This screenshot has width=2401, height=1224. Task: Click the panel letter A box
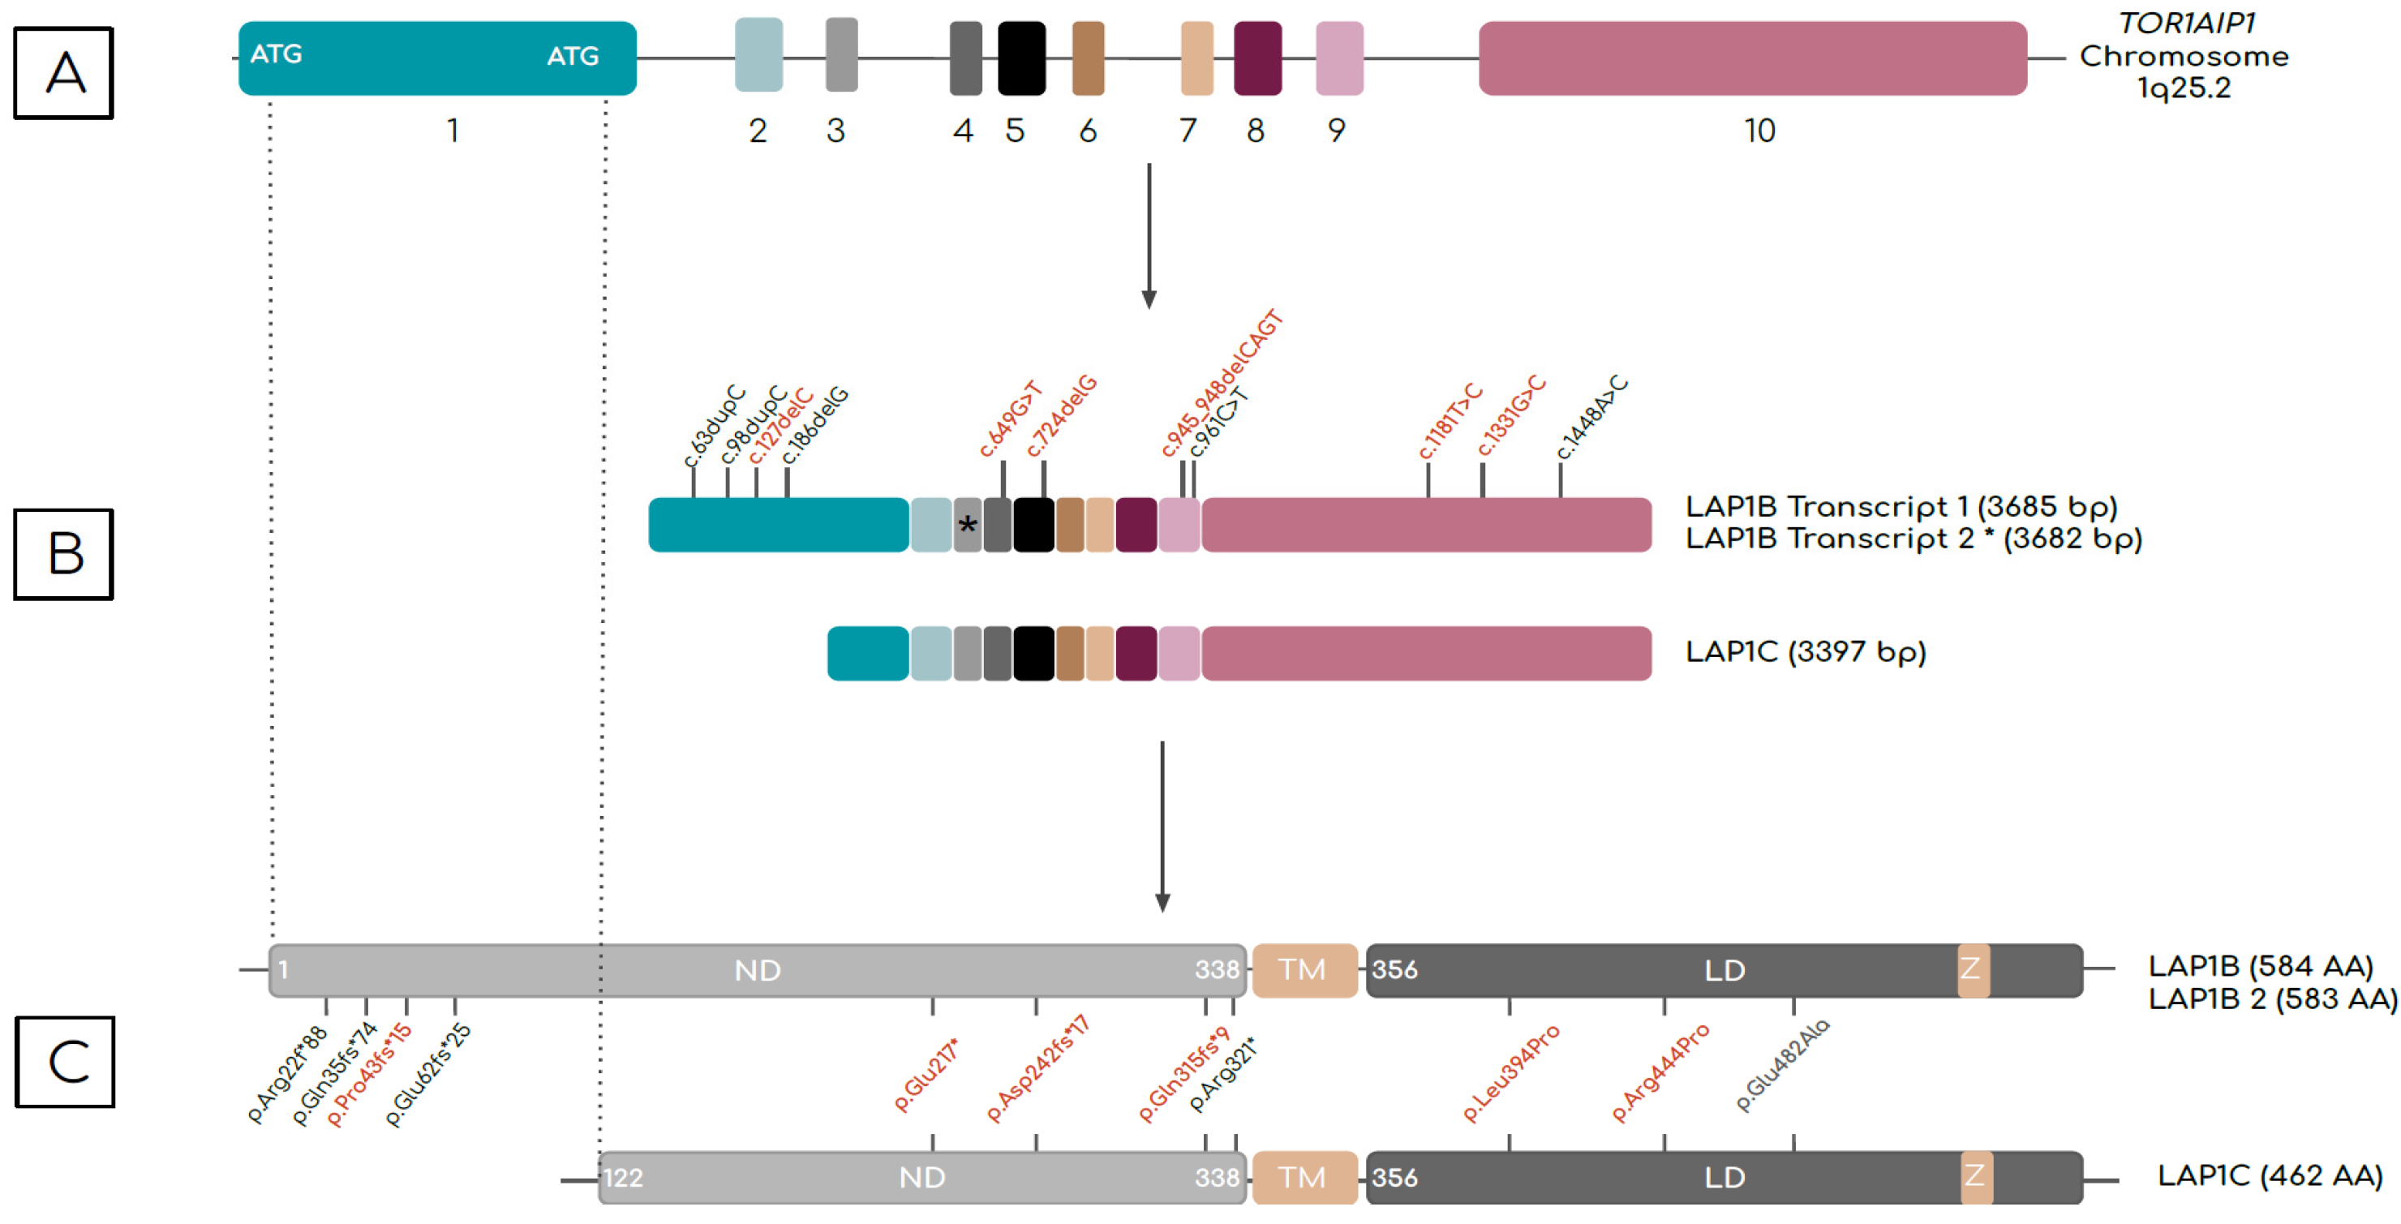pos(63,73)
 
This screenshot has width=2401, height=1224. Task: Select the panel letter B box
pos(63,554)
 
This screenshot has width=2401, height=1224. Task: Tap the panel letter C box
pos(64,1062)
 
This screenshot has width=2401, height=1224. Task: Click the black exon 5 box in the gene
pos(1020,58)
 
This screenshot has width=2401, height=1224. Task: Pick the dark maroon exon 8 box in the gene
pos(1256,58)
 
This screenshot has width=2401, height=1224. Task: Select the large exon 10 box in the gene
pos(1751,58)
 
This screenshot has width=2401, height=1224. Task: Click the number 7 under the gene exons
pos(1187,131)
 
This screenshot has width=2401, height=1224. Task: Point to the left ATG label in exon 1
pos(276,54)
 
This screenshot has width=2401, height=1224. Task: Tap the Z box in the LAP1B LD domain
pos(1972,969)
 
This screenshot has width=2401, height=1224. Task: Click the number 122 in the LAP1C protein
pos(623,1179)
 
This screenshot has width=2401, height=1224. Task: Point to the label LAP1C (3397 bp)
pos(1805,651)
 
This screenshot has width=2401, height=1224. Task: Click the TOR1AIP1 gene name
pos(2187,24)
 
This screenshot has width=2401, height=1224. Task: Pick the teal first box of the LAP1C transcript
pos(867,654)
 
